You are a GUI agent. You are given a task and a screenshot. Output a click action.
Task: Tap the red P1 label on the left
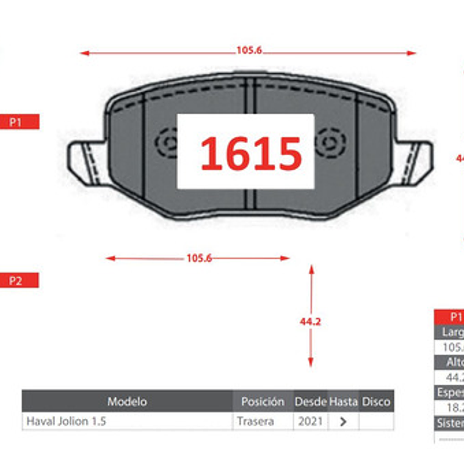[x=16, y=121]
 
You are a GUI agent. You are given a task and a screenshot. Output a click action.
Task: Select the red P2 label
[x=16, y=281]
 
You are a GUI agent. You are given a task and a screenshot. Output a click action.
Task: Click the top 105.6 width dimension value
[x=249, y=51]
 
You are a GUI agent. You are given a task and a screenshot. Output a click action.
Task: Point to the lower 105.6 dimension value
[x=199, y=258]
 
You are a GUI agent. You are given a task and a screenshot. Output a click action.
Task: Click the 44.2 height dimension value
[x=311, y=321]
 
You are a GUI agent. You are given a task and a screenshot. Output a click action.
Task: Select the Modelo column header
[x=127, y=402]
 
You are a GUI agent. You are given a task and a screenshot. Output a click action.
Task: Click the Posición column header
[x=263, y=402]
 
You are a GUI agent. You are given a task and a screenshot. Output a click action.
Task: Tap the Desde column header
[x=311, y=402]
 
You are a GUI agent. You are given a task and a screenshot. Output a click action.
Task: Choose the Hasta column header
[x=343, y=402]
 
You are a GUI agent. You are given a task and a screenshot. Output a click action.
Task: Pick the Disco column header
[x=376, y=402]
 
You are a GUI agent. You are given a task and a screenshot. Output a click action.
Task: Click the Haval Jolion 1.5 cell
[x=66, y=421]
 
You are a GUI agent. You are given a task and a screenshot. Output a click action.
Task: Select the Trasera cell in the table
[x=255, y=421]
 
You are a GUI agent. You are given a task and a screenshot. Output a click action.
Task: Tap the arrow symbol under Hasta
[x=344, y=421]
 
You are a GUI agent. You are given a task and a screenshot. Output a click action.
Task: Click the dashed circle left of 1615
[x=166, y=143]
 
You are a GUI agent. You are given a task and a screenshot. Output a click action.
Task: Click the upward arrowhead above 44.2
[x=311, y=269]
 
